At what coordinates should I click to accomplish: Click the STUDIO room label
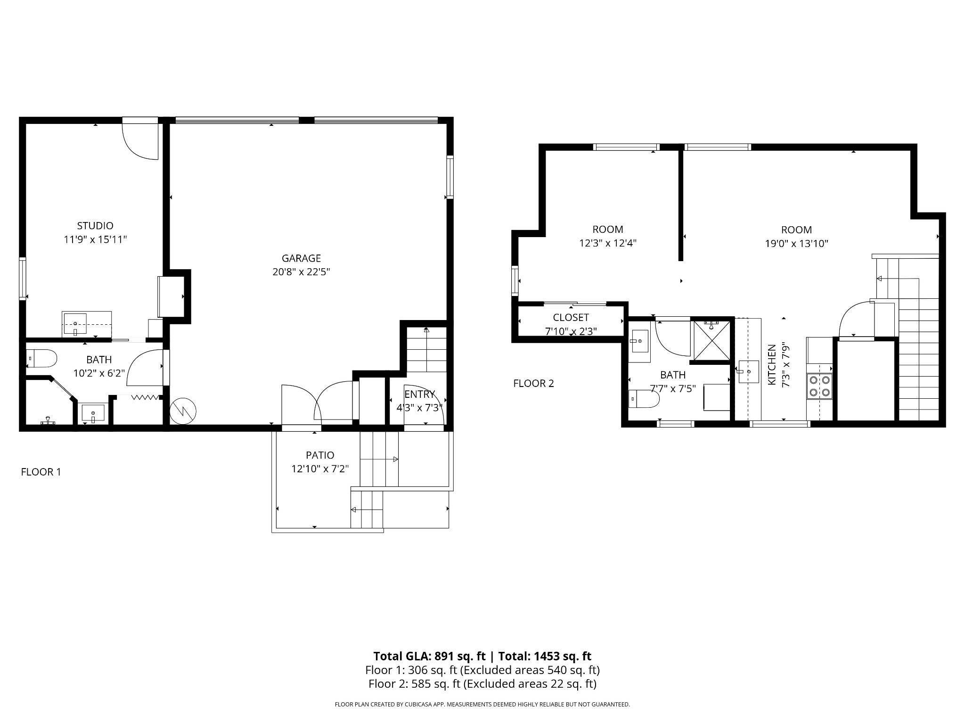coord(95,226)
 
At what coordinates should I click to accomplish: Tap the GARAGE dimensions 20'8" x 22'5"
coord(301,272)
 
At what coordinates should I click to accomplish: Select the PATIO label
coord(320,455)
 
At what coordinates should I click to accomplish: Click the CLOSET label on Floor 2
coord(571,318)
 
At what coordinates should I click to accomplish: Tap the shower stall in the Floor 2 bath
coord(711,340)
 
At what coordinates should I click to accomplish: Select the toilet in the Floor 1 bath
coord(41,359)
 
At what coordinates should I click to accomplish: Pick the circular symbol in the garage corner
coord(183,410)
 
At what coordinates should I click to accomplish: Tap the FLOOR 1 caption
coord(41,472)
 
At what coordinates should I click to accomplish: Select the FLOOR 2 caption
coord(533,384)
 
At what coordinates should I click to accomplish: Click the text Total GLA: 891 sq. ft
coord(429,656)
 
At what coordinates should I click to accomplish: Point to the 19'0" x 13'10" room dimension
coord(796,244)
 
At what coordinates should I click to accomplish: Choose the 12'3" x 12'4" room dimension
coord(607,243)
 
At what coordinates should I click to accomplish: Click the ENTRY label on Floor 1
coord(419,395)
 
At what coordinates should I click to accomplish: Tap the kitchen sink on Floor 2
coord(748,372)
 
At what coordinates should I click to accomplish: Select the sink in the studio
coord(75,323)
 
